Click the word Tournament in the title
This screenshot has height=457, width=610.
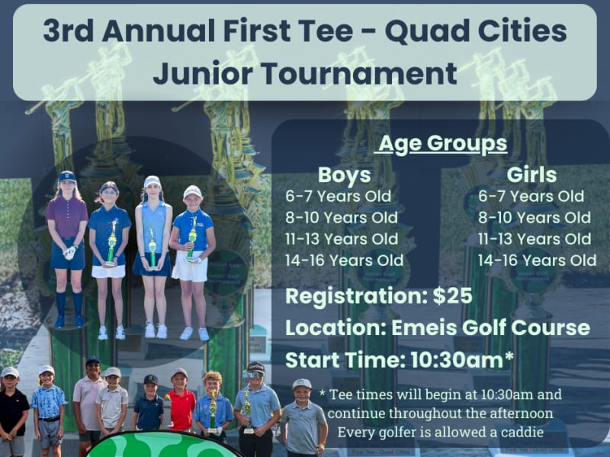[359, 73]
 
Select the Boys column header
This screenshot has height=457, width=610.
[345, 175]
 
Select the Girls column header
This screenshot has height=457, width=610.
[531, 175]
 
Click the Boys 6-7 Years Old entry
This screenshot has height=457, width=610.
[338, 197]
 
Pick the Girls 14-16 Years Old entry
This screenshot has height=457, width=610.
[537, 260]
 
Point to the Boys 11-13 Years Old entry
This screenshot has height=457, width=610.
[342, 238]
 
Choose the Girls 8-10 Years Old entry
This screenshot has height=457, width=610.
[535, 218]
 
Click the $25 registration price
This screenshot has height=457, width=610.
[453, 296]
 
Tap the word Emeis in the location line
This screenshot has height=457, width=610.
[419, 328]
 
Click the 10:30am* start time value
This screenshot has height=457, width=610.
[462, 360]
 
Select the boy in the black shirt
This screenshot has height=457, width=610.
[13, 412]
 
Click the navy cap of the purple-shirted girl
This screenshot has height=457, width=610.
[67, 177]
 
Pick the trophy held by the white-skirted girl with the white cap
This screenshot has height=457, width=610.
[192, 239]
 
